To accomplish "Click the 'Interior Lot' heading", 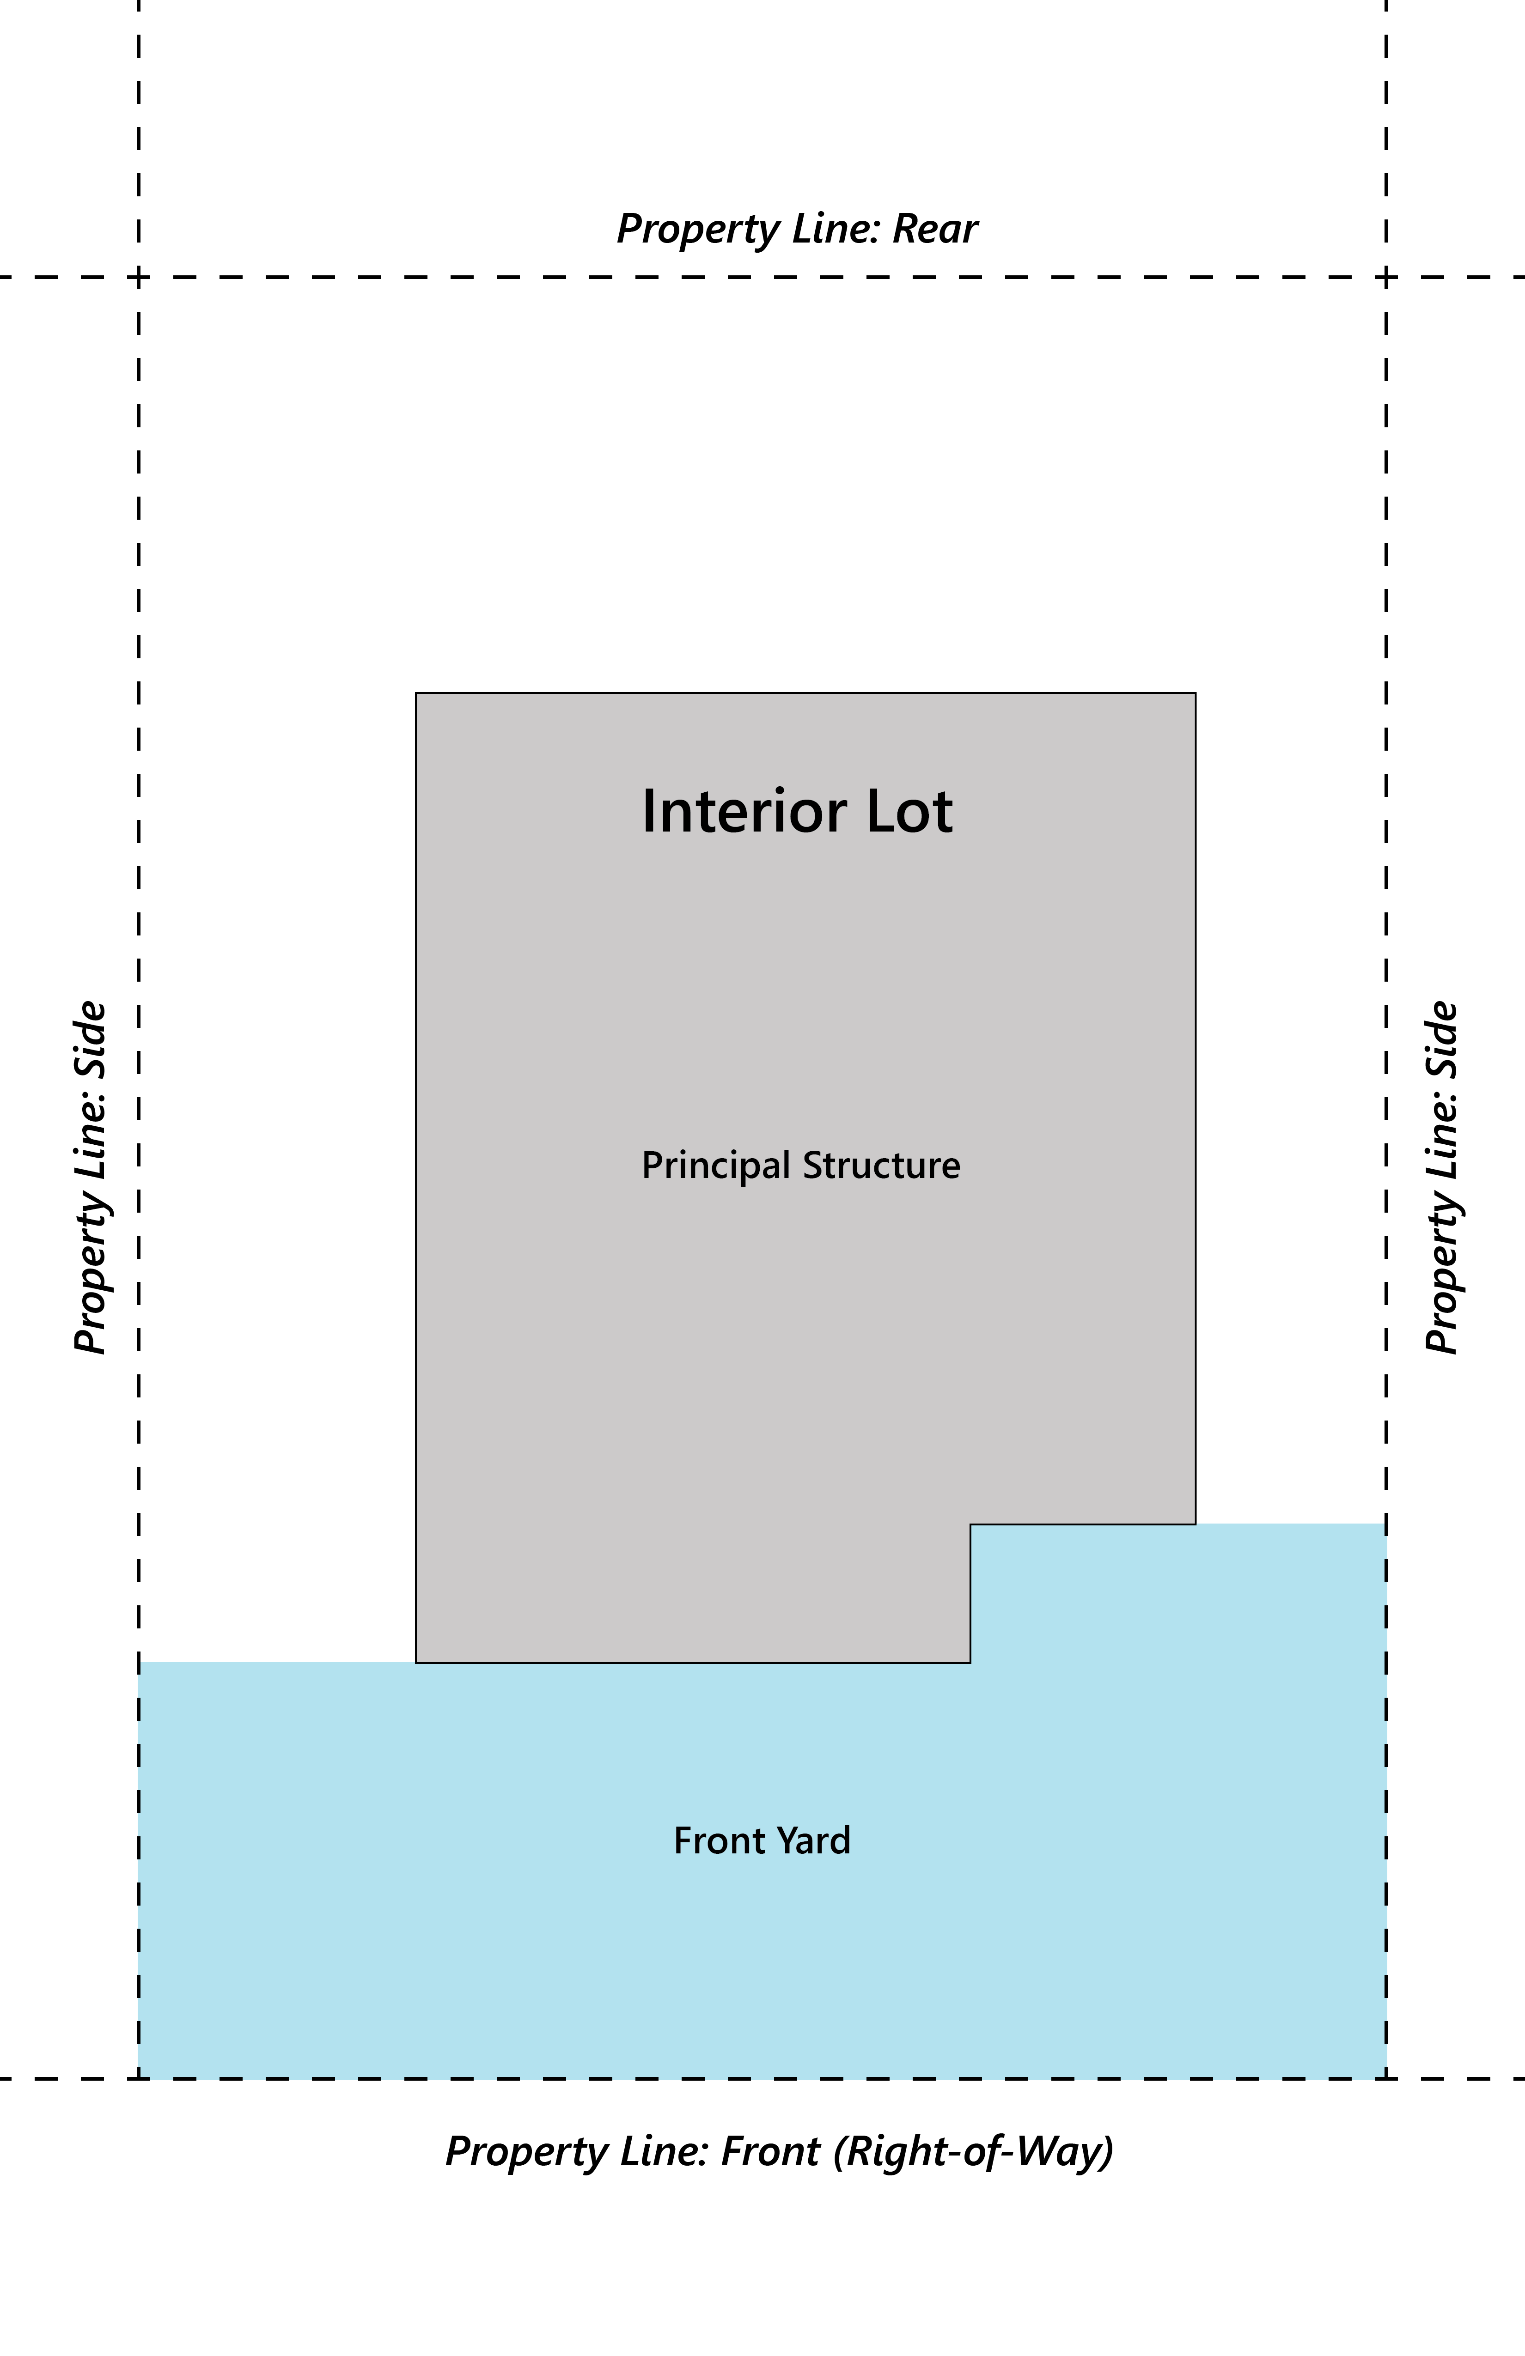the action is coord(797,812).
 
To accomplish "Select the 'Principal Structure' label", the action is coord(800,1165).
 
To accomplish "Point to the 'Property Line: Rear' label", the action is coord(797,229).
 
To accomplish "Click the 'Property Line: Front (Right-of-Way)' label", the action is coord(779,2151).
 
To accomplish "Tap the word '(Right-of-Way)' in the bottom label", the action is coord(973,2151).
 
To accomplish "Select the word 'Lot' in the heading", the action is coord(909,812).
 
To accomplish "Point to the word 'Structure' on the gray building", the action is coord(881,1165).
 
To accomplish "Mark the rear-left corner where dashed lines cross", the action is coord(139,277).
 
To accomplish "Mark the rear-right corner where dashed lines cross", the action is coord(1386,277).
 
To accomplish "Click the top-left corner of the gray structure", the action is coord(416,693).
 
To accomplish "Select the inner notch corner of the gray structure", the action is coord(970,1524).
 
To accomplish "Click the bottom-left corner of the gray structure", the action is coord(416,1663).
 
